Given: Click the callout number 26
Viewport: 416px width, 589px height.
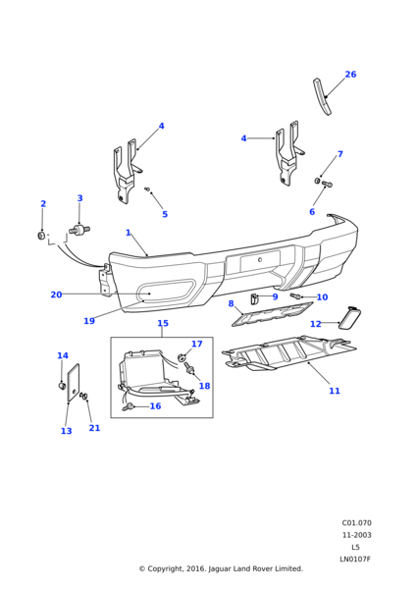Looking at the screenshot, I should [x=350, y=75].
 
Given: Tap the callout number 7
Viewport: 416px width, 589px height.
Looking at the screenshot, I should [x=339, y=154].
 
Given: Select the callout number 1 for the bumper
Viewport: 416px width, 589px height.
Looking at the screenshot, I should [x=129, y=233].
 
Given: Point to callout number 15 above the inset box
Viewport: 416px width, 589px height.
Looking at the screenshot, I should [x=163, y=323].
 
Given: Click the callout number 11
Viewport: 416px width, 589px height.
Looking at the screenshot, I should [x=335, y=391].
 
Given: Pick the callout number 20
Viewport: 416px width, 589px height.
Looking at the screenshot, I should [x=56, y=294].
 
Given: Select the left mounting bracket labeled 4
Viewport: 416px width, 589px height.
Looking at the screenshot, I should [x=125, y=173].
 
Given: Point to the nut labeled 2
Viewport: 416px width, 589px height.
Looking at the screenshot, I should [x=41, y=236].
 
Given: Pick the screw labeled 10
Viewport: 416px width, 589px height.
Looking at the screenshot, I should [x=295, y=295].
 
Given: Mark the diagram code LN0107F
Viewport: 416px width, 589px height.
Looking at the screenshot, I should [x=354, y=560].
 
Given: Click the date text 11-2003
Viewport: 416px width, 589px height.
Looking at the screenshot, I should [x=356, y=535].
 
